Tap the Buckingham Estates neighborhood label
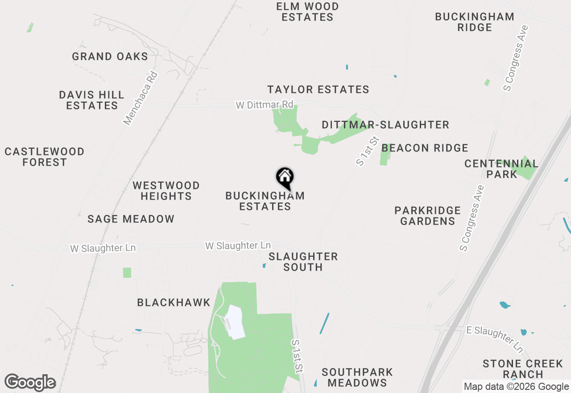coord(265,201)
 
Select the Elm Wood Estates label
coord(307,12)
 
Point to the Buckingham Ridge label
coord(475,22)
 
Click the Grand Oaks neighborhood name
coord(110,56)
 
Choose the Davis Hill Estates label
coord(92,100)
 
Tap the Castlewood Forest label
coord(45,157)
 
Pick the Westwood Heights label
coord(166,191)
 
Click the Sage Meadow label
coord(131,219)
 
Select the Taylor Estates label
coord(318,89)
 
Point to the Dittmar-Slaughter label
coord(385,125)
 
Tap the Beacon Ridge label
coord(425,148)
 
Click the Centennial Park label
coord(501,169)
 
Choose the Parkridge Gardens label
coord(428,216)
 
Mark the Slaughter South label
coord(303,262)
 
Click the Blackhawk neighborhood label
coord(174,302)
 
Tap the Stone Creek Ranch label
coord(523,369)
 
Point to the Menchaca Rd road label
coord(141,98)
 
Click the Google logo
coord(30,383)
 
